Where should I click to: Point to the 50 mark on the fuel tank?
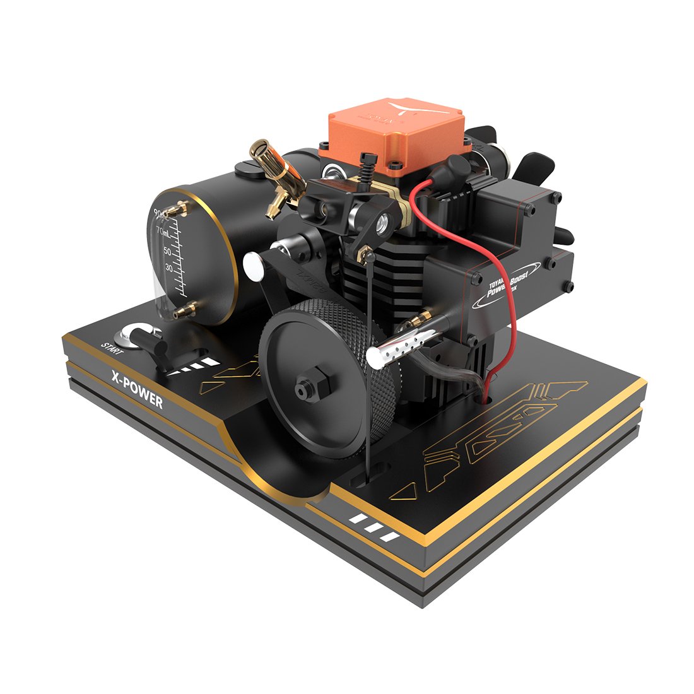click(x=167, y=251)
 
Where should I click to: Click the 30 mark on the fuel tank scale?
click(x=168, y=268)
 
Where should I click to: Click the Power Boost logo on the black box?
click(x=506, y=281)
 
